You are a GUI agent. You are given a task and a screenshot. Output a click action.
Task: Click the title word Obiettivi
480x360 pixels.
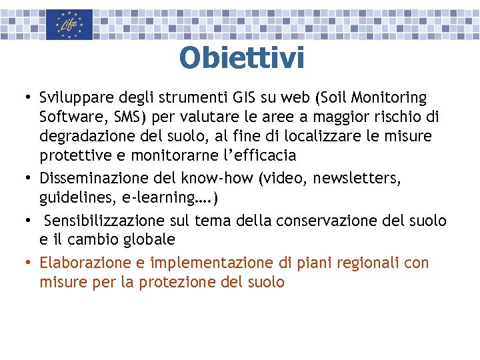pos(241,58)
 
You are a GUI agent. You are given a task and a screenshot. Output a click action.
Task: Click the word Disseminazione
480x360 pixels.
pos(91,179)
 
